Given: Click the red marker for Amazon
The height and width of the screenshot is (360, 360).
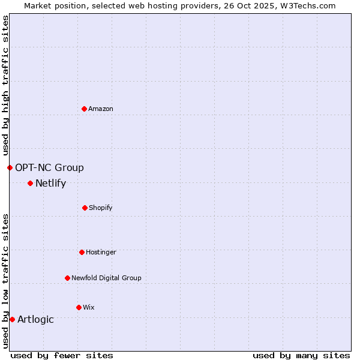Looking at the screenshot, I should point(85,109).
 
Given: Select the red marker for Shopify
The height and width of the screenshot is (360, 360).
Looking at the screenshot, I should point(85,208).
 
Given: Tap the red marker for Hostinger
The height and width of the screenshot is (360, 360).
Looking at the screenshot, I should point(82,252).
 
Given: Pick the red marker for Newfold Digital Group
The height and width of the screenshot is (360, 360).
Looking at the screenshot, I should point(68,278).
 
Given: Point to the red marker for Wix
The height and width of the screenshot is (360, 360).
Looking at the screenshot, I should point(79,307).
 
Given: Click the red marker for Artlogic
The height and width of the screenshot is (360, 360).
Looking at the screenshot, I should point(12,319).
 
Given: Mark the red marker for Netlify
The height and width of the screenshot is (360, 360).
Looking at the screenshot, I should point(30,183).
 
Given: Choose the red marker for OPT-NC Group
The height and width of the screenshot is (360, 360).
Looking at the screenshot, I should point(10,167).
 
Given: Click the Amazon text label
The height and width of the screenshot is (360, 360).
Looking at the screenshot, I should point(101,109).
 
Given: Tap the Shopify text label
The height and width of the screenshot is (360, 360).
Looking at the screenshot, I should point(101,208).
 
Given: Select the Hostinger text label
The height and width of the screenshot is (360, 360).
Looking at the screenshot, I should point(101,252).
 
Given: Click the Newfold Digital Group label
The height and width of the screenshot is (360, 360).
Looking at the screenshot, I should point(106,278).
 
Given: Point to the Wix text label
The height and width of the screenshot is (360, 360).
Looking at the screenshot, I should point(89,307).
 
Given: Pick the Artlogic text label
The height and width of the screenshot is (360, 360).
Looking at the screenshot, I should point(35,319).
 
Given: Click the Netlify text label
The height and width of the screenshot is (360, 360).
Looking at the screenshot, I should point(50,183).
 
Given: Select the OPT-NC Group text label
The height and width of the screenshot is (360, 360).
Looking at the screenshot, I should point(49,167).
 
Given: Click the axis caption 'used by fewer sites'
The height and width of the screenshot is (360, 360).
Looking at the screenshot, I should point(62,355).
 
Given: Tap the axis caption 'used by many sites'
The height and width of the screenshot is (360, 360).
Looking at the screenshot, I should point(301,355).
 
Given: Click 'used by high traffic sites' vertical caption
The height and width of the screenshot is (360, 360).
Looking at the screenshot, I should point(5,85).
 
